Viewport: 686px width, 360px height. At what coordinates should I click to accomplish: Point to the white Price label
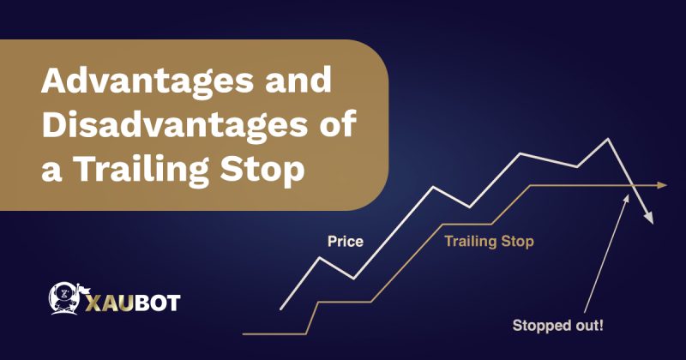pos(346,242)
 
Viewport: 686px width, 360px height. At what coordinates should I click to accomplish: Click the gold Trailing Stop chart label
pos(489,242)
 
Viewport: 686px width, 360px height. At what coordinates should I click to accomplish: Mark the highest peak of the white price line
pos(609,138)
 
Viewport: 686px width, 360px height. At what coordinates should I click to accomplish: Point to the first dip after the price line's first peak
pos(354,278)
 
